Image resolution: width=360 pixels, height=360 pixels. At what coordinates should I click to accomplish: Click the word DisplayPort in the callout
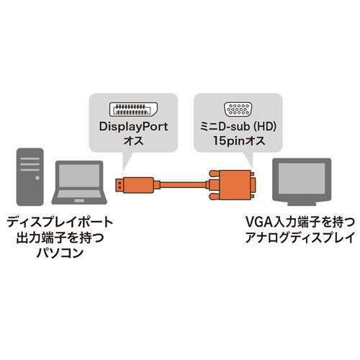pyautogui.click(x=133, y=128)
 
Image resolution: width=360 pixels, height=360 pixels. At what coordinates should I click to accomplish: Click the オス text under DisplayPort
pyautogui.click(x=133, y=143)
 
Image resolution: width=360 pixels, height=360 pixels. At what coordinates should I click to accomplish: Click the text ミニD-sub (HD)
pyautogui.click(x=238, y=128)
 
